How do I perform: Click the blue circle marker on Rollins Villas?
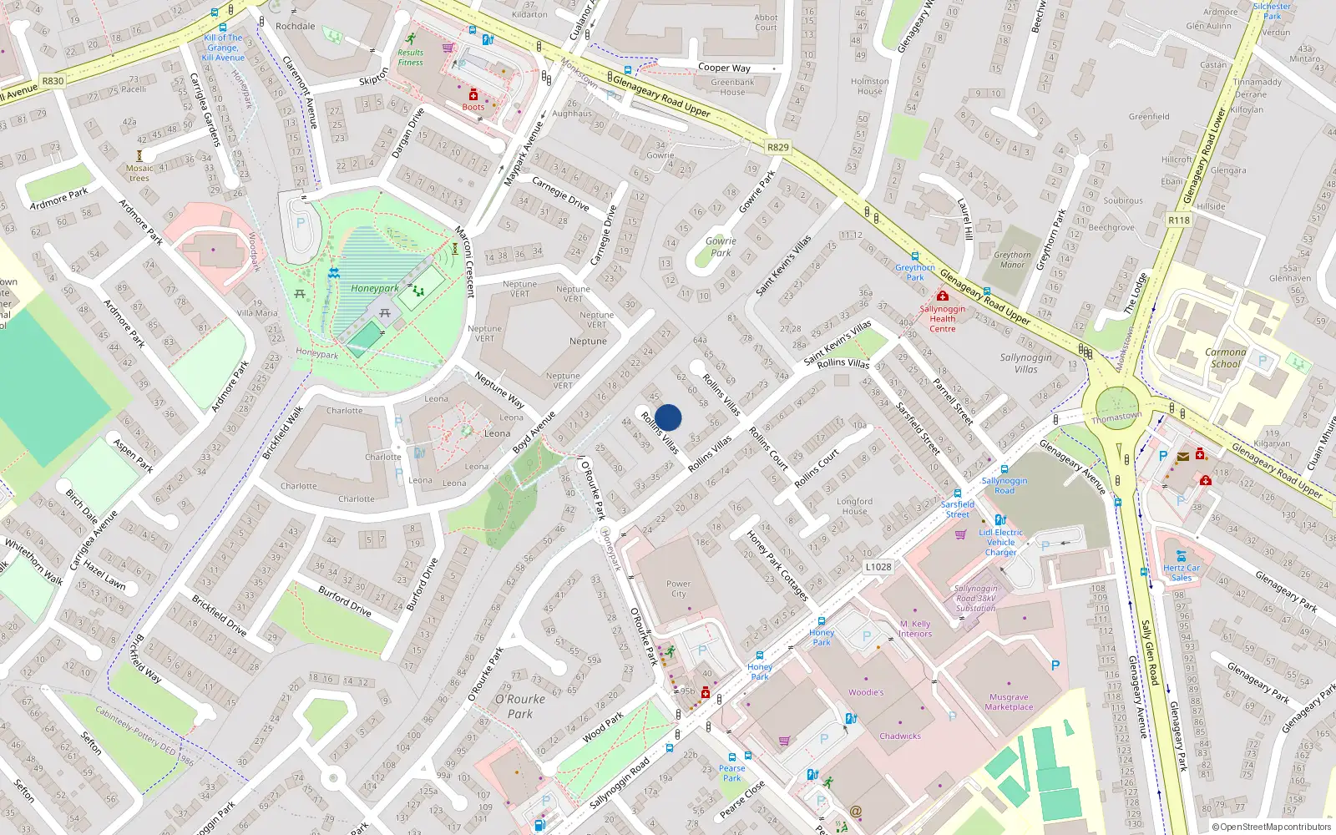click(668, 417)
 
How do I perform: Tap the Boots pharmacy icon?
click(473, 95)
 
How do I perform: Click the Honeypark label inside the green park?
click(374, 288)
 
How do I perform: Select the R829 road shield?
click(777, 147)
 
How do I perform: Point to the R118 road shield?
click(1179, 220)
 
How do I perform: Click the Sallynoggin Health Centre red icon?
click(942, 296)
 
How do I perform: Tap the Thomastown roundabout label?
click(1116, 417)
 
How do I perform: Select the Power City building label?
click(678, 589)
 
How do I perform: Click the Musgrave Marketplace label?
click(1009, 701)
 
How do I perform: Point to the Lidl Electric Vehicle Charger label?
click(1000, 542)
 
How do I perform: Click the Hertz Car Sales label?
click(1181, 572)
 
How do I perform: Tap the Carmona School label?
click(1225, 357)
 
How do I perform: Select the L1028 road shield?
click(878, 566)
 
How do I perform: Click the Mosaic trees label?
click(139, 173)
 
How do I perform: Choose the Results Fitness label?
click(410, 57)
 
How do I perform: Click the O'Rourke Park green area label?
click(519, 706)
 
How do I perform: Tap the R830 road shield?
click(53, 81)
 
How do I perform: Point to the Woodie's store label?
click(866, 692)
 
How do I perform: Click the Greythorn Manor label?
click(1012, 260)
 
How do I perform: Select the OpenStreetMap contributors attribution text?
click(1271, 827)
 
